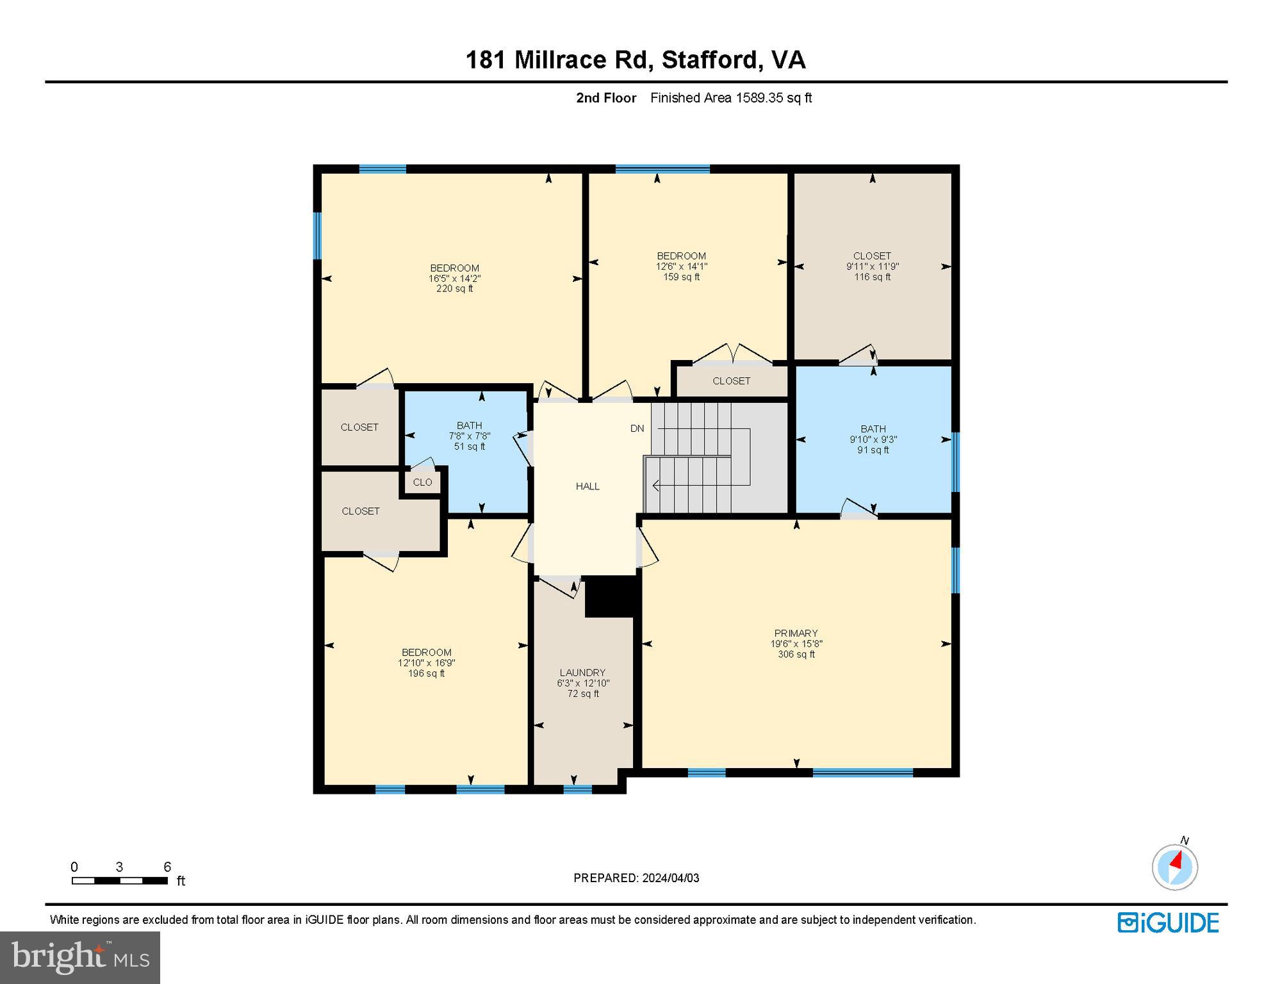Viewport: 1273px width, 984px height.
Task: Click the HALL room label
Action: click(587, 486)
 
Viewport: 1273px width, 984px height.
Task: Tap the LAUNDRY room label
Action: click(582, 673)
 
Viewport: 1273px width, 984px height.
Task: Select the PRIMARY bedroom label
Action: click(796, 633)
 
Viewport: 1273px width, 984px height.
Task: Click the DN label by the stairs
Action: click(637, 429)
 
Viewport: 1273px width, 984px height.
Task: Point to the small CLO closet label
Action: click(422, 482)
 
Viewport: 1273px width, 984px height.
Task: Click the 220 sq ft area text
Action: click(454, 289)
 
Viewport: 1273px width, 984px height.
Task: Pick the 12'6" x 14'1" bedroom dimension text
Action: click(681, 266)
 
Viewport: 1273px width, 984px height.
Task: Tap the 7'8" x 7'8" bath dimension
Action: click(469, 436)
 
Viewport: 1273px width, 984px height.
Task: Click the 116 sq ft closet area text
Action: click(872, 277)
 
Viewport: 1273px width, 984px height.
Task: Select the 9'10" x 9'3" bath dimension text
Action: click(873, 439)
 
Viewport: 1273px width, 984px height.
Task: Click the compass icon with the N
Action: click(1174, 866)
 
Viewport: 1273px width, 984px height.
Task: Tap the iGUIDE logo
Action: click(1168, 923)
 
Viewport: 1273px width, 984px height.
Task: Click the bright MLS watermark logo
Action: click(80, 957)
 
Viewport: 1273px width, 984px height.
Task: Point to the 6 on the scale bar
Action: click(167, 867)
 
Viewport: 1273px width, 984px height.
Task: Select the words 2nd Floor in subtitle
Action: click(605, 98)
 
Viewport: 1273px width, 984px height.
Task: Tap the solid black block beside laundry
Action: click(611, 596)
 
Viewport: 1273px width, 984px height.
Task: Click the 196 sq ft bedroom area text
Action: click(426, 674)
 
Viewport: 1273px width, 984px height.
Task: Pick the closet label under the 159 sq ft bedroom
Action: click(731, 381)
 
